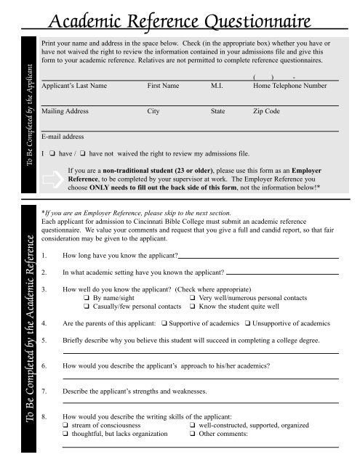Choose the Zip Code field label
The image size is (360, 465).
coord(267,113)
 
